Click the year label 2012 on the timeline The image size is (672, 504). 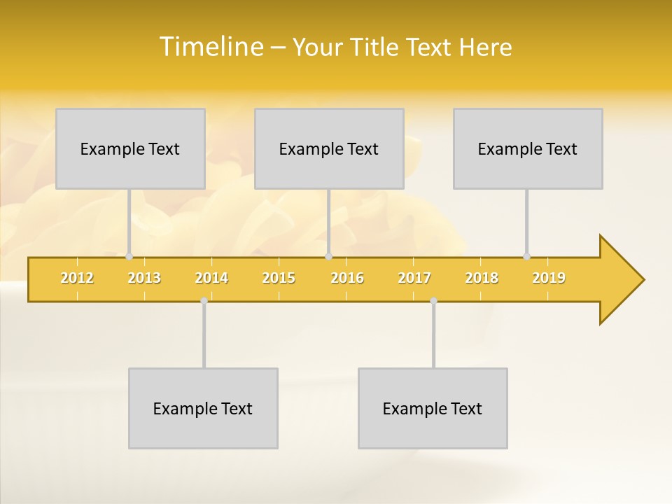tap(77, 278)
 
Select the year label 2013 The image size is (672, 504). tap(144, 278)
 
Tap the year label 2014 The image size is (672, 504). tap(211, 278)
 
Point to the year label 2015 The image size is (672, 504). tap(279, 278)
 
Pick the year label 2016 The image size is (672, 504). tap(347, 278)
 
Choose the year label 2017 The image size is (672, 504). tap(414, 278)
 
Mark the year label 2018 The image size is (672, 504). tap(482, 278)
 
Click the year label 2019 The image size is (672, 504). tap(549, 278)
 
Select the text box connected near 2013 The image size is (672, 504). tap(130, 148)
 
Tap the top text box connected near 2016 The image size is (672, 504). tap(329, 148)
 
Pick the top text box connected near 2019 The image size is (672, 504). tap(528, 148)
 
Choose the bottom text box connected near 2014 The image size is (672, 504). tap(203, 408)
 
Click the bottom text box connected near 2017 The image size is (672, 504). tap(433, 408)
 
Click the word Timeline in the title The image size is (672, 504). tap(212, 47)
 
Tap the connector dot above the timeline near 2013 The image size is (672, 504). tap(129, 257)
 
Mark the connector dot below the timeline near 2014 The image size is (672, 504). tap(204, 301)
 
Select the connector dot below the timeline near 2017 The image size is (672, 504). tap(433, 301)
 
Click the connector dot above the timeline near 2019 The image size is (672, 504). tap(526, 257)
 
